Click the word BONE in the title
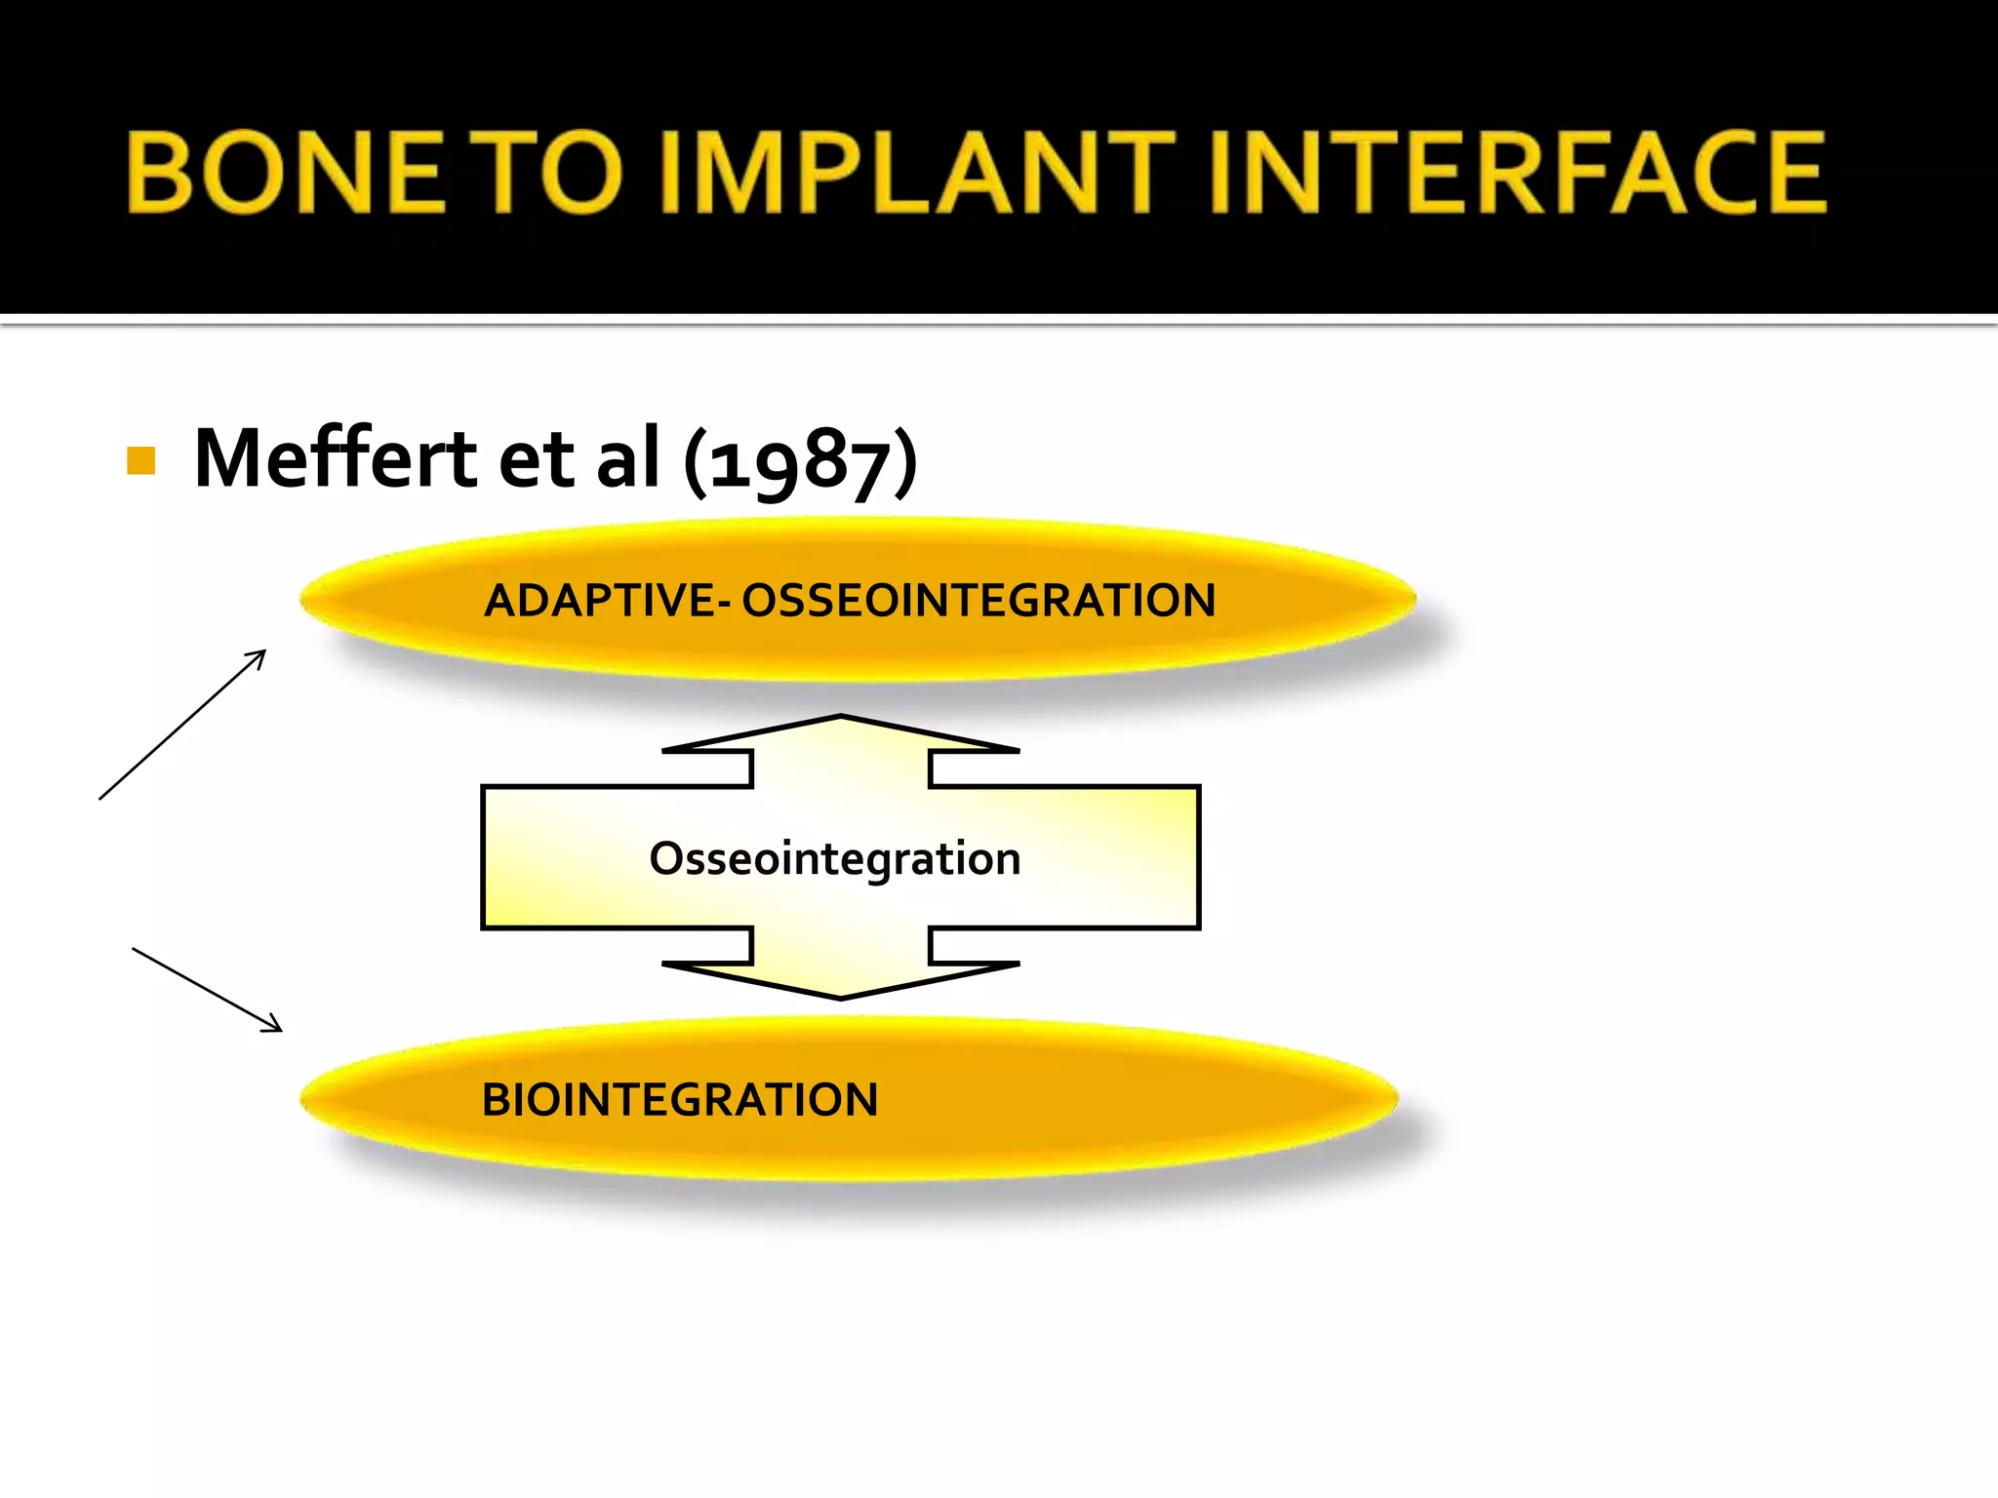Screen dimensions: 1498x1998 tap(286, 173)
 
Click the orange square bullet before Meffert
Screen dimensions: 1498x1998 tap(141, 461)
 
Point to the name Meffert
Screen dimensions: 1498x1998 tap(335, 457)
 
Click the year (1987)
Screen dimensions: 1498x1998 tap(801, 460)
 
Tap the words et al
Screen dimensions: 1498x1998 tap(579, 458)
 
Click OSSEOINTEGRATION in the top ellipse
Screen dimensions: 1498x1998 tap(979, 601)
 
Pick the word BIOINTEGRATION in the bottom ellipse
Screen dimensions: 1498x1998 tap(680, 1100)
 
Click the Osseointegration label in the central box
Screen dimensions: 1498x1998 tap(835, 859)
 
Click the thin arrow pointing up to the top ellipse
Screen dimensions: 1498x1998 tap(182, 725)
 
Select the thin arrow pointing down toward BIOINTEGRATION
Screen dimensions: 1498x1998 tap(208, 990)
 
